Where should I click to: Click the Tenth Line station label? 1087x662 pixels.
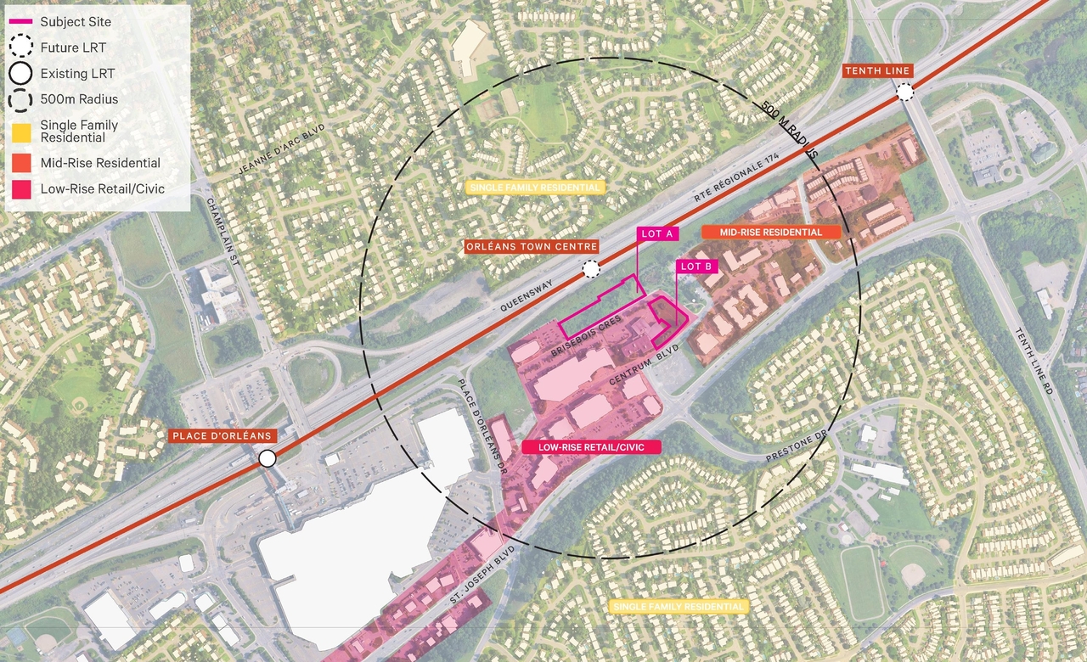(877, 70)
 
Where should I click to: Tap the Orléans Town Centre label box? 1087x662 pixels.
(531, 247)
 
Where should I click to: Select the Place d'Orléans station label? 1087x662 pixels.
(222, 436)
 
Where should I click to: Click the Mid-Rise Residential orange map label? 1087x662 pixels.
(770, 232)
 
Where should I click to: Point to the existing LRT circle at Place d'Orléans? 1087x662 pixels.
(268, 458)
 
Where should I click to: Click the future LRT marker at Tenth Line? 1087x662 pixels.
(905, 93)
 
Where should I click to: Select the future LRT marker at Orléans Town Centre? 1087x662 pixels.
(590, 270)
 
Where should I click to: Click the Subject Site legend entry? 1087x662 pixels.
(76, 21)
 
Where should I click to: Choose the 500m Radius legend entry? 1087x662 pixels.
(79, 98)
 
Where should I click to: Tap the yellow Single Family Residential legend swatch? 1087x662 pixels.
(22, 132)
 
